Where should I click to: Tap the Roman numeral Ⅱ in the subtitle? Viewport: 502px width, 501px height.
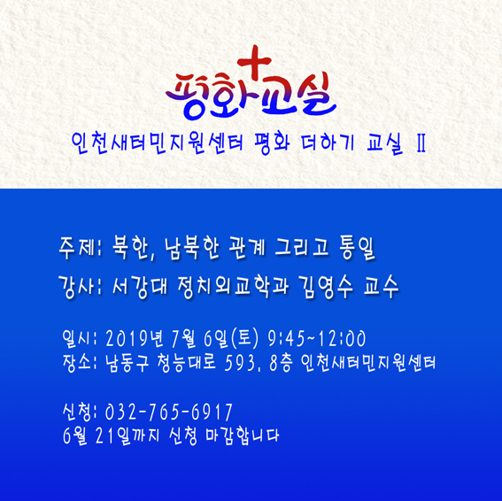tap(421, 143)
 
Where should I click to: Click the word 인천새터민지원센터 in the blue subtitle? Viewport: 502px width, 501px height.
tap(158, 143)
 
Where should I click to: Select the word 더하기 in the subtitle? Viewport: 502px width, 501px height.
tap(328, 143)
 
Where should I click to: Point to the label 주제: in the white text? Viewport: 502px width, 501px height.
tap(80, 248)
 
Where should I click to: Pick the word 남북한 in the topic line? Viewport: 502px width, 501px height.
tap(192, 248)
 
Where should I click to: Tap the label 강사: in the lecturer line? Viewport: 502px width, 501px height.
tap(80, 287)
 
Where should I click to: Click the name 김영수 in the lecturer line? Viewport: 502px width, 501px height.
tap(325, 287)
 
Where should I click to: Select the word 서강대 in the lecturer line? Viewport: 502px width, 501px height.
tap(140, 287)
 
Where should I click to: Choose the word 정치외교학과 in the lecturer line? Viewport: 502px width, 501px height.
tap(233, 287)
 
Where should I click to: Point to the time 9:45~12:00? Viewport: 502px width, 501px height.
tap(316, 338)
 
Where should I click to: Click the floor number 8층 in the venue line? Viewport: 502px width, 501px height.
tap(281, 363)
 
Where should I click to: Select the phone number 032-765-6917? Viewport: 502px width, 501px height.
tap(169, 412)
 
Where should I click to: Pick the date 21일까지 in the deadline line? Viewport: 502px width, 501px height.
tap(127, 435)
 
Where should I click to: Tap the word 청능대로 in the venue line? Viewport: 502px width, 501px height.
tap(187, 363)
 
